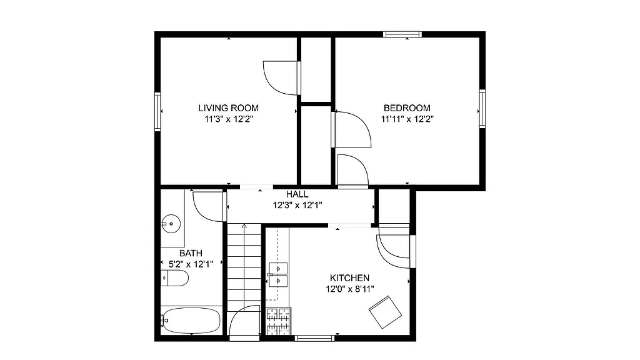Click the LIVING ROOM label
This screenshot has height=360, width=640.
[228, 107]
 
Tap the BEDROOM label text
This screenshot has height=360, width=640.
[407, 107]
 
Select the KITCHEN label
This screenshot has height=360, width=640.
[349, 278]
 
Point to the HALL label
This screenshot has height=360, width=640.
[297, 194]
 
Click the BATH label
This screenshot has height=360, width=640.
[191, 253]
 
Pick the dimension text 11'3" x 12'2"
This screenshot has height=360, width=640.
[228, 118]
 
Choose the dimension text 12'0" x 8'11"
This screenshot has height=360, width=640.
[349, 289]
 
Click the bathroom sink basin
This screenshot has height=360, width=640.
[171, 222]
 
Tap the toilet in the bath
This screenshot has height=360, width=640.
[174, 278]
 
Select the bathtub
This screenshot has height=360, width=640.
[191, 321]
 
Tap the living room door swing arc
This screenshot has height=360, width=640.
[281, 77]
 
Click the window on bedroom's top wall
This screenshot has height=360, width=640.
[402, 34]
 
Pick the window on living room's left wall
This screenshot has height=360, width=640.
[157, 111]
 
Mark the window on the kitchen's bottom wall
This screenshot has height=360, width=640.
[314, 339]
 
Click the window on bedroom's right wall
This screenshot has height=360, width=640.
[482, 108]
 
